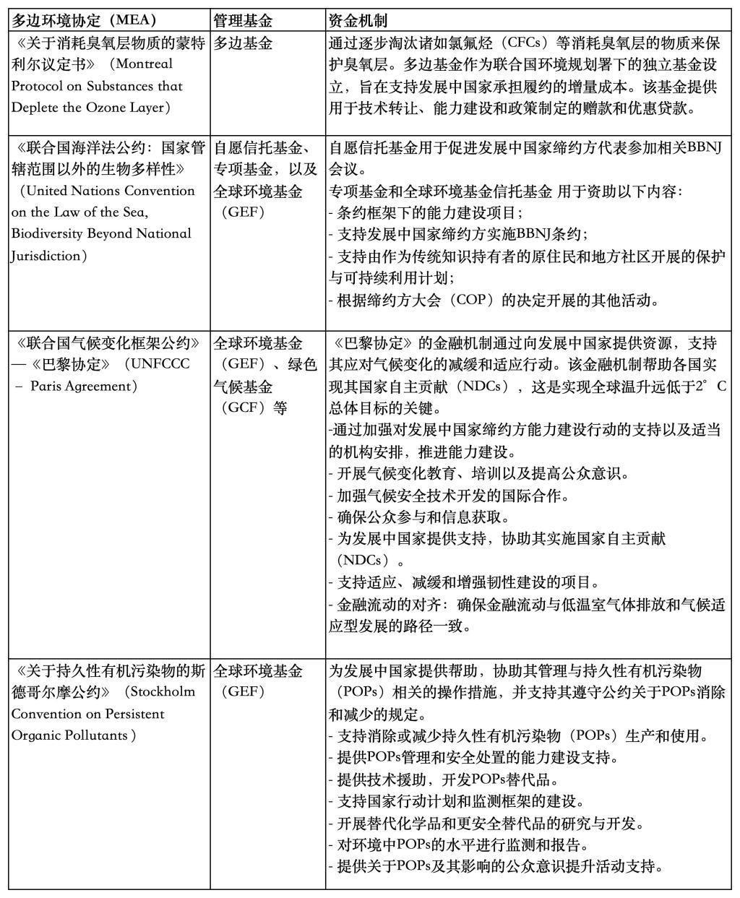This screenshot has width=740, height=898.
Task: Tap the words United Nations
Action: pyautogui.click(x=75, y=191)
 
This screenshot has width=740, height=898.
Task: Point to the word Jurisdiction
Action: pyautogui.click(x=44, y=255)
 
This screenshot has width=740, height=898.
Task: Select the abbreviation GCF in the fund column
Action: pyautogui.click(x=244, y=407)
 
